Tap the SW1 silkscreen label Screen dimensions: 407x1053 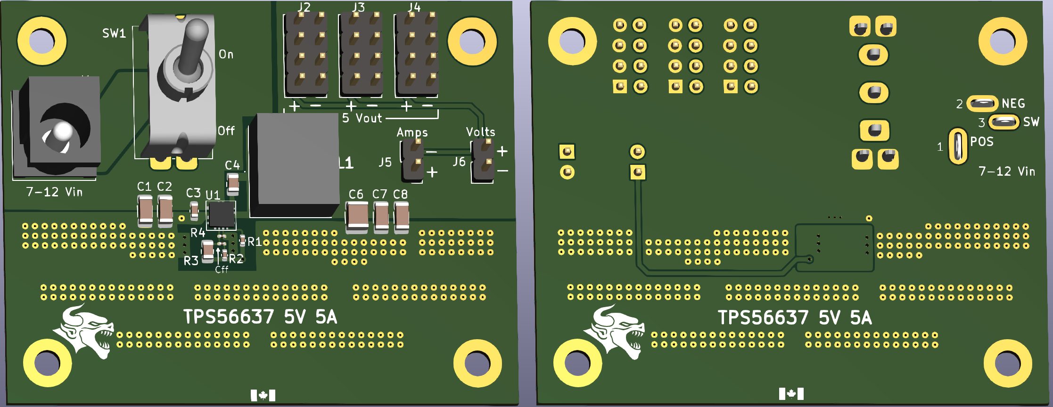(x=114, y=33)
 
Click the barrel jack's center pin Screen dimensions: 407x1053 (x=62, y=131)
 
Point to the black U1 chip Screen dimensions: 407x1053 (x=221, y=214)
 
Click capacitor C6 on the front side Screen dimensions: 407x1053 (x=357, y=217)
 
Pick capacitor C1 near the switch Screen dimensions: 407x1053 (x=145, y=210)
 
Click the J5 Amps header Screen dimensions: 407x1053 (x=413, y=161)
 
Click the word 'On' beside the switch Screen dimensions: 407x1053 (x=226, y=54)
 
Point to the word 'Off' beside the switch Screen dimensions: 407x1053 (x=226, y=130)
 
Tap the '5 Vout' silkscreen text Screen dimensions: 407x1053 (x=362, y=118)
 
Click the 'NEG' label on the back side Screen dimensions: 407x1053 (x=1013, y=103)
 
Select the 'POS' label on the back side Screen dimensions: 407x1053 (x=981, y=141)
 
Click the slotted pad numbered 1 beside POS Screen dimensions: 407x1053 (x=958, y=147)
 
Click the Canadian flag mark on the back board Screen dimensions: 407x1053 (x=791, y=393)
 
